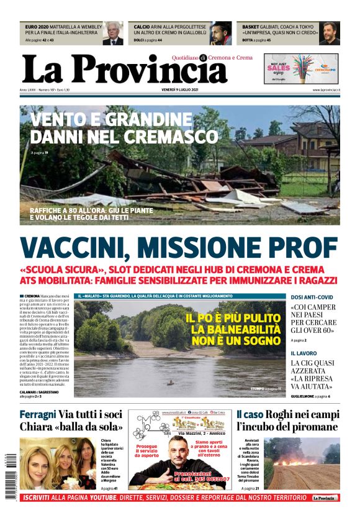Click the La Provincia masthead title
(x=124, y=70)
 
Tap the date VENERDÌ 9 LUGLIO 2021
(x=179, y=91)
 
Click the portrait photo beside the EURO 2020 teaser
(x=113, y=34)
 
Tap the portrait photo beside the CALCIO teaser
(x=220, y=34)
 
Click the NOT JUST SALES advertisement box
(x=301, y=68)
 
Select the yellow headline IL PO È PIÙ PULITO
(x=233, y=317)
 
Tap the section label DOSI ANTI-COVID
(x=312, y=298)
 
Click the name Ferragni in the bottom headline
(x=38, y=415)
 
